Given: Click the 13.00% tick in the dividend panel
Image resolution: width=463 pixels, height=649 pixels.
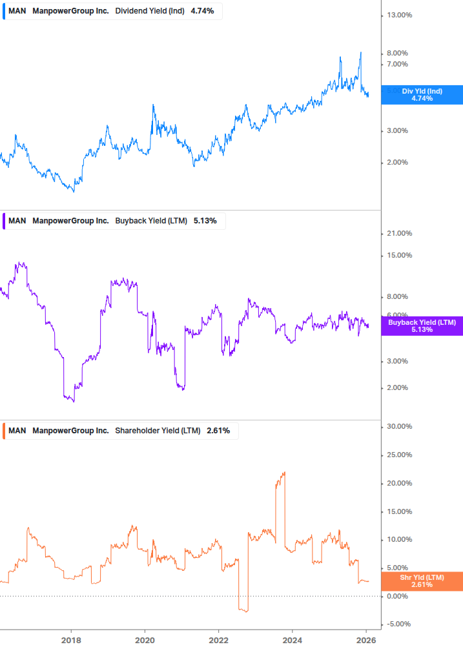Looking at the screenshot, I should point(398,15).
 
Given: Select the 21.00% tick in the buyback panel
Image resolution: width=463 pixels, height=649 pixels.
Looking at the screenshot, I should point(398,233).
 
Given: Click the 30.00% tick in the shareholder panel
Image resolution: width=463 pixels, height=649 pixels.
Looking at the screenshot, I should point(398,426).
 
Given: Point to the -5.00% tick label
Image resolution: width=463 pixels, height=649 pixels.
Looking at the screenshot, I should point(398,624).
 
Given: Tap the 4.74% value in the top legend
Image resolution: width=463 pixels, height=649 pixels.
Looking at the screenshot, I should point(202,11).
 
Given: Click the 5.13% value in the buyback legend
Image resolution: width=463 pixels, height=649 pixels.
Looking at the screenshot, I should point(205,221).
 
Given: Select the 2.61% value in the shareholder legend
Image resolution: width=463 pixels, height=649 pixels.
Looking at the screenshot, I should point(218,431).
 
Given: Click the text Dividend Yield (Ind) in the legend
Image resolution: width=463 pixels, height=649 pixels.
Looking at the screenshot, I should point(150,11).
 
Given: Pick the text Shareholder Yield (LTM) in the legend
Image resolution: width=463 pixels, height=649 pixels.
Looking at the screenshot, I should point(158,431).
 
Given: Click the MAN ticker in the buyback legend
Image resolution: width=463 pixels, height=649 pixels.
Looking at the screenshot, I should point(17,221).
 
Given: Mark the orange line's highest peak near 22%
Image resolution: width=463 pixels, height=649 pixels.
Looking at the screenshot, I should point(283,473).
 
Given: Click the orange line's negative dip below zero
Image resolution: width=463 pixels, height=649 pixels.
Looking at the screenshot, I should point(243,610).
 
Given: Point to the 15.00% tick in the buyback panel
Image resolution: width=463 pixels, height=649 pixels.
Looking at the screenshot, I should point(398,255).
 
